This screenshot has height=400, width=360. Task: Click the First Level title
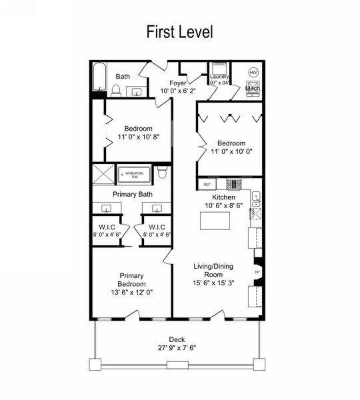pyautogui.click(x=179, y=31)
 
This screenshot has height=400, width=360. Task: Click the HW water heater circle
pyautogui.click(x=253, y=72)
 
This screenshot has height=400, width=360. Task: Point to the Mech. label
pyautogui.click(x=253, y=88)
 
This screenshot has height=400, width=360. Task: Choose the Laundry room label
pyautogui.click(x=219, y=77)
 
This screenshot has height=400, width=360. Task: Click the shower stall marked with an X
pyautogui.click(x=103, y=175)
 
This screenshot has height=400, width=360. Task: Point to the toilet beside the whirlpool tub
pyautogui.click(x=163, y=174)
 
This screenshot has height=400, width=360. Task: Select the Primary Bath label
pyautogui.click(x=132, y=194)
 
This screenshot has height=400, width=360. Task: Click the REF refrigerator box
pyautogui.click(x=207, y=183)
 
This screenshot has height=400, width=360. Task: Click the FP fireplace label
pyautogui.click(x=257, y=272)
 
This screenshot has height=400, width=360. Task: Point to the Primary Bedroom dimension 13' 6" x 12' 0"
pyautogui.click(x=132, y=292)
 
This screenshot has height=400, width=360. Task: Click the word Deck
pyautogui.click(x=177, y=338)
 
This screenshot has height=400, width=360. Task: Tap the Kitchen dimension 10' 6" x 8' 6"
pyautogui.click(x=224, y=207)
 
